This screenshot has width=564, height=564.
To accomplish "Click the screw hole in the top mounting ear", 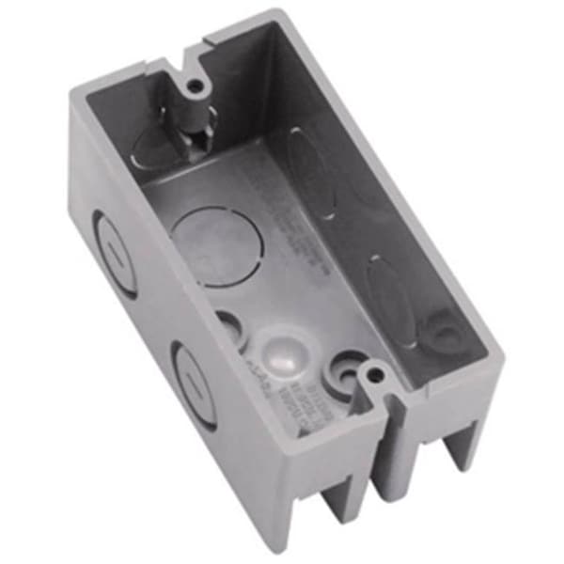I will [x=196, y=86].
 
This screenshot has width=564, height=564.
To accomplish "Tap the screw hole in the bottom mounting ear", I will [x=377, y=375].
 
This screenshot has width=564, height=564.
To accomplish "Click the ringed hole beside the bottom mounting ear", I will [x=345, y=374].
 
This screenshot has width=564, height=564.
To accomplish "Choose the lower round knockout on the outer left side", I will [x=190, y=376].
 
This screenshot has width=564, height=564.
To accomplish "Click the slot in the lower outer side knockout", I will [x=192, y=379].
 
